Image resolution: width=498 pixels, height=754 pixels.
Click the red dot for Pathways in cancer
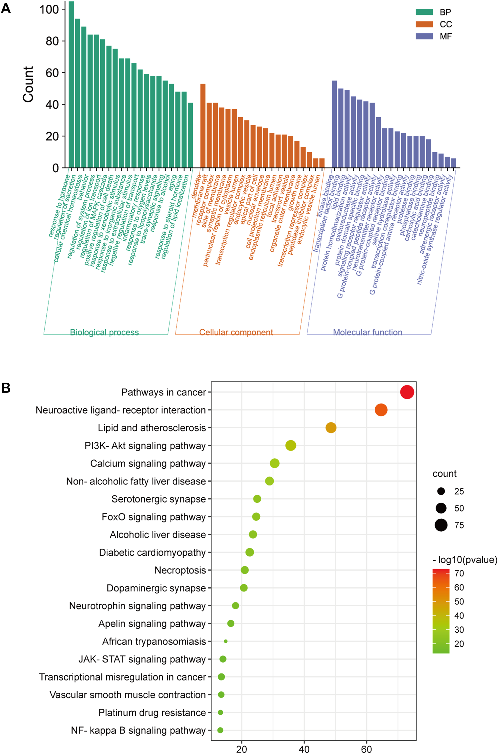(x=407, y=392)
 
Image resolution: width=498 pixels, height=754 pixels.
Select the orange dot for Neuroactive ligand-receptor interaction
(x=381, y=410)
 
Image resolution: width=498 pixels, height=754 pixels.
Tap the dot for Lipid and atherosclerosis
(x=331, y=427)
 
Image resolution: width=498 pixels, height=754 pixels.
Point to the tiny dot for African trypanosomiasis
(x=226, y=641)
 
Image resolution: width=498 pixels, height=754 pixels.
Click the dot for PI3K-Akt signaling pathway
(x=291, y=445)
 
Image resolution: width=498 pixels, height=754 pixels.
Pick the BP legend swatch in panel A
(x=424, y=12)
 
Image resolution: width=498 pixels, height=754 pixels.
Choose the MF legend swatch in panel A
(x=424, y=36)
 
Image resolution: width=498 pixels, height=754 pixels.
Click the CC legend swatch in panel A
(x=424, y=24)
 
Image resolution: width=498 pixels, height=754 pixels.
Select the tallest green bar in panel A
(x=71, y=83)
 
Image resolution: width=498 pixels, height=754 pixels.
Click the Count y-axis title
(x=28, y=84)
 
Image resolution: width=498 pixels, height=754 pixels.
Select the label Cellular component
(x=236, y=332)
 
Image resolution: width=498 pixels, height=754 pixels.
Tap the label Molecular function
(x=367, y=332)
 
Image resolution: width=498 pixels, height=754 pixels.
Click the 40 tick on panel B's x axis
(x=304, y=749)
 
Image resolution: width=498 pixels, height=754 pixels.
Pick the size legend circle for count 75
(x=441, y=525)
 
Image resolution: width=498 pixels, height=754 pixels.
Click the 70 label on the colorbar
(x=459, y=573)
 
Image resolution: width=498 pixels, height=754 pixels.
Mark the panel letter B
(x=6, y=388)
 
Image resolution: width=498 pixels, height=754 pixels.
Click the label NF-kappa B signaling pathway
(x=138, y=730)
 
